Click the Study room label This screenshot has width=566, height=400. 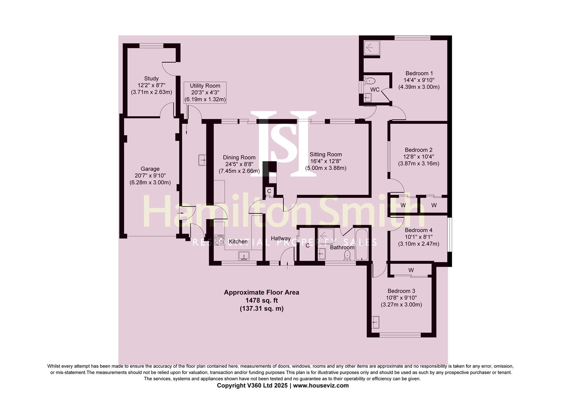(x=151, y=79)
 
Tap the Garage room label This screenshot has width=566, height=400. (x=150, y=169)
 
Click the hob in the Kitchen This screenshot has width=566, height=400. (x=219, y=240)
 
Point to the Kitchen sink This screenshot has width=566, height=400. (x=244, y=256)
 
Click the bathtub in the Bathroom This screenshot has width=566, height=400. (x=361, y=244)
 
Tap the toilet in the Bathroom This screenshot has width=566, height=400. (x=347, y=255)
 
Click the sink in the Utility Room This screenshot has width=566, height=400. (x=202, y=160)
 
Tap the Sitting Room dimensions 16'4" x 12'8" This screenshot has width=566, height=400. (x=326, y=161)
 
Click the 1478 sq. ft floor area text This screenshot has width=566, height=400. (x=261, y=300)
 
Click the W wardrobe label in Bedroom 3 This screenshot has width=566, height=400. (x=411, y=270)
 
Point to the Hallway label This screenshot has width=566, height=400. (x=280, y=238)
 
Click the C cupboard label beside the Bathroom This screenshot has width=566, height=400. (x=307, y=245)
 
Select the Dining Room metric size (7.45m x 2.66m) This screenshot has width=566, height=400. (x=239, y=171)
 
